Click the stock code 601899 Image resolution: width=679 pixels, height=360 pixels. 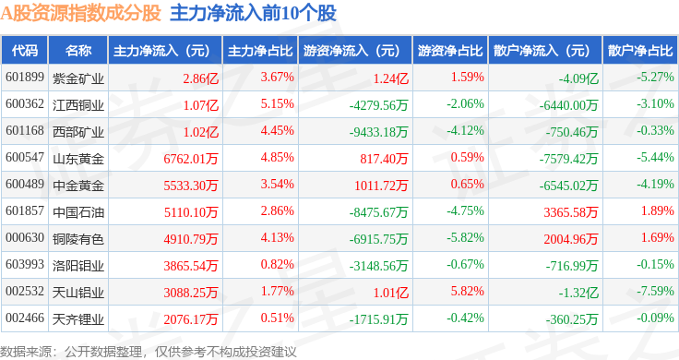click(25, 78)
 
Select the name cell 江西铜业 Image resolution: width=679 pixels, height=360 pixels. click(78, 105)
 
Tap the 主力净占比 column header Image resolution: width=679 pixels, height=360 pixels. click(260, 51)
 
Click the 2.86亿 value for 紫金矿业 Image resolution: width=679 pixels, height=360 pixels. click(200, 78)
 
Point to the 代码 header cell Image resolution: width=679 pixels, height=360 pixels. click(25, 51)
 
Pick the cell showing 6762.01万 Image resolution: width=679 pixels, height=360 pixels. click(191, 159)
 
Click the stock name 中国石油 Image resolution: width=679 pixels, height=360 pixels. click(78, 211)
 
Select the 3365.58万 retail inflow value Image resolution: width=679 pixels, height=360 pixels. click(571, 212)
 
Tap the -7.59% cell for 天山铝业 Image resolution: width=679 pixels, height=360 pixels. click(655, 291)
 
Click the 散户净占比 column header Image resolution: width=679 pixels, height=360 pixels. click(640, 51)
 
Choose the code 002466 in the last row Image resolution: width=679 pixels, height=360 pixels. click(25, 318)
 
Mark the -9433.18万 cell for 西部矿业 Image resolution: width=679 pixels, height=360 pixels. click(379, 132)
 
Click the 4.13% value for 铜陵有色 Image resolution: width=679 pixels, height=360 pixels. click(277, 237)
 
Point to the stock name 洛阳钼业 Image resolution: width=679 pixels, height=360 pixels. click(78, 266)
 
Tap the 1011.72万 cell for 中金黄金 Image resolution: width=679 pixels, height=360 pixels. click(381, 186)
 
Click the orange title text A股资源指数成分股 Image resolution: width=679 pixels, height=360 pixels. click(80, 13)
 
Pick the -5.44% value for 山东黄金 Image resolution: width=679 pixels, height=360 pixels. click(655, 157)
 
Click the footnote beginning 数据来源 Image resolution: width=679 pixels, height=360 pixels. click(149, 352)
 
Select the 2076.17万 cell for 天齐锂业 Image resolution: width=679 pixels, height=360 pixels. click(191, 319)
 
